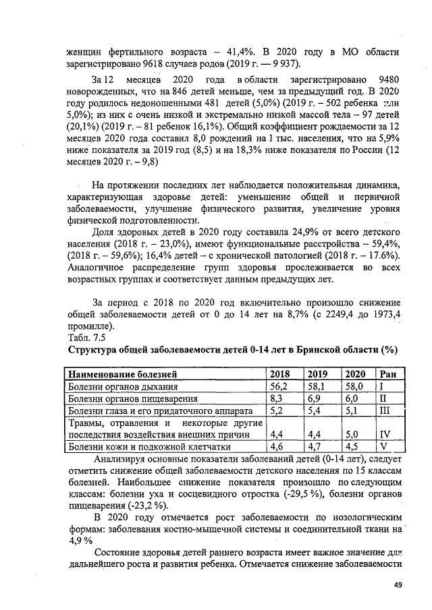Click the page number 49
coord(398,585)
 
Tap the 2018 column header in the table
coord(279,374)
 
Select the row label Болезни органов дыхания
coord(124,387)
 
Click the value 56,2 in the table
coord(279,387)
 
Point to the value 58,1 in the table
coord(317,387)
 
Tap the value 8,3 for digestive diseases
coord(277,399)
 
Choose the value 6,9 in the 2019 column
coord(315,399)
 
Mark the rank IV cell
coord(385,435)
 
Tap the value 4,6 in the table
coord(277,446)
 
